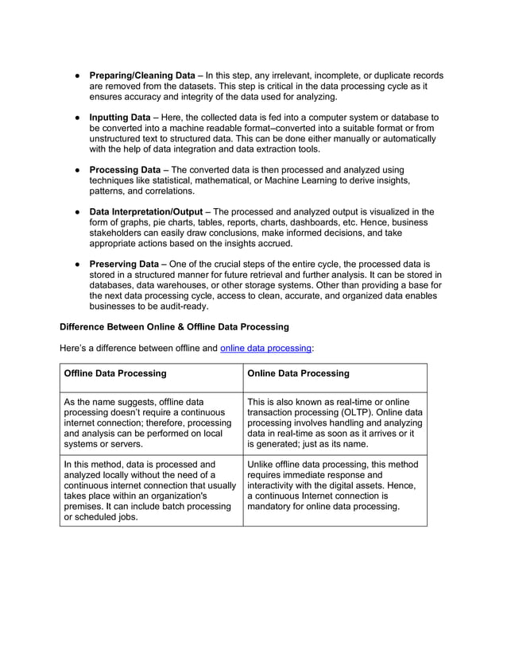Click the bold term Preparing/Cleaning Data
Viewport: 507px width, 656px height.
[x=141, y=75]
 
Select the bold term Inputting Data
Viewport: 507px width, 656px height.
[x=119, y=118]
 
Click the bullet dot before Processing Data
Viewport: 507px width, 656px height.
[x=78, y=170]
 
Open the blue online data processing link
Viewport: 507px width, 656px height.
[x=265, y=348]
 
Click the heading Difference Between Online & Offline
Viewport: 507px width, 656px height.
[x=174, y=326]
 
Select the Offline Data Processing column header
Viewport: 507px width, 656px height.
[x=114, y=372]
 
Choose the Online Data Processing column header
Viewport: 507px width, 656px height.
[x=298, y=372]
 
